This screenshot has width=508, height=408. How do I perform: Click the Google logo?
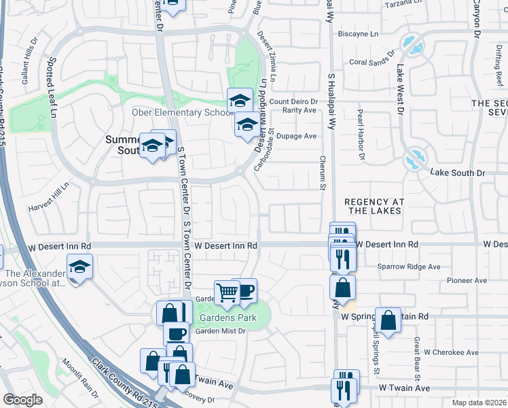[x=22, y=400]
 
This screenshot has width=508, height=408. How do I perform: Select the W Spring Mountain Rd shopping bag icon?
[x=388, y=322]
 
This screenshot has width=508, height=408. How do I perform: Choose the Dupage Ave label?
[x=297, y=136]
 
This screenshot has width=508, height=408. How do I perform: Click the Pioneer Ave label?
[x=467, y=280]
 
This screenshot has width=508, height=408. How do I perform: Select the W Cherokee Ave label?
[x=451, y=353]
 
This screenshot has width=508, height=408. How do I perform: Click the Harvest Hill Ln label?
[x=50, y=197]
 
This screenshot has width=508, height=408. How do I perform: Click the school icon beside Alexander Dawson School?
[x=79, y=267]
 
